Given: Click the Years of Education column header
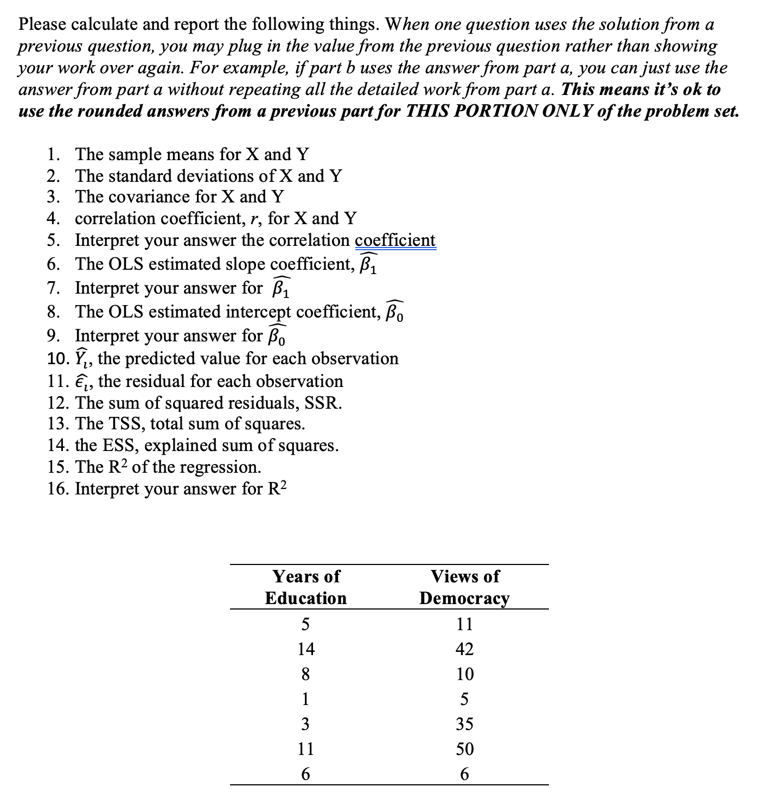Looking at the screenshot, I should [x=305, y=587].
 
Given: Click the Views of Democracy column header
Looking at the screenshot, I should [x=464, y=587].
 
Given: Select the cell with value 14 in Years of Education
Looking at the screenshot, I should [x=305, y=649].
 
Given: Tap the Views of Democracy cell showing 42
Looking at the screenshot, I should [x=464, y=649].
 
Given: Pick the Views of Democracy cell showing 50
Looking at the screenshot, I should [x=464, y=749].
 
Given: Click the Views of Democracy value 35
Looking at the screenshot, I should [x=464, y=724].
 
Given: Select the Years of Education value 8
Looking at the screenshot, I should [x=305, y=674].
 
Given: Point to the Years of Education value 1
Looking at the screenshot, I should [x=305, y=699].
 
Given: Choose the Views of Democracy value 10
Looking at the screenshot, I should [x=464, y=674].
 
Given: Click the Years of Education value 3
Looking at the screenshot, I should [x=305, y=724].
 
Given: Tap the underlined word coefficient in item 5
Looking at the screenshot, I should [x=395, y=240].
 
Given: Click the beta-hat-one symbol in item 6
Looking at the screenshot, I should [x=369, y=264].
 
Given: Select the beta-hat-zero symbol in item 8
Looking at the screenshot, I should [x=394, y=312].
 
